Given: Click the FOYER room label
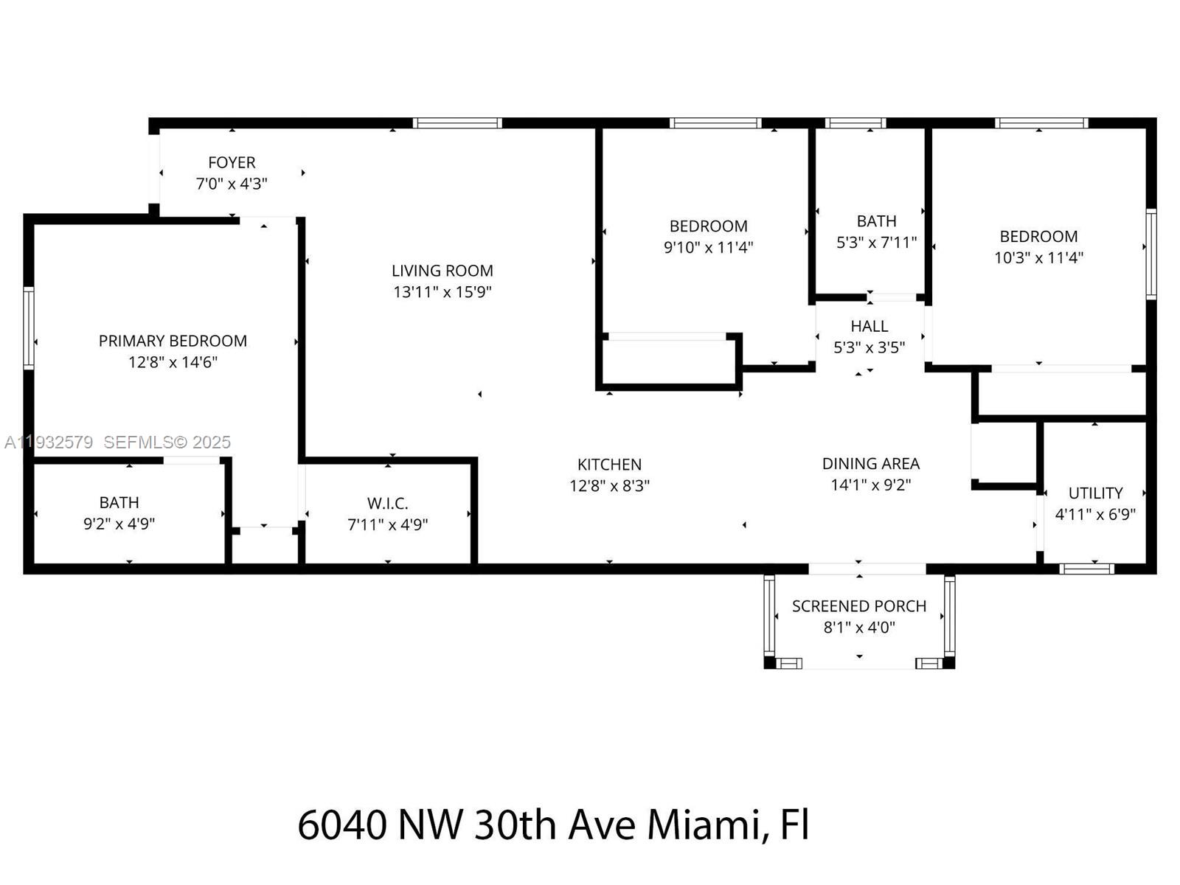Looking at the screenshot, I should pos(232,162).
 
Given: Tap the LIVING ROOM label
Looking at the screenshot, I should pos(442,271).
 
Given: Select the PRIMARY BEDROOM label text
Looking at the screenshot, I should pos(173,341).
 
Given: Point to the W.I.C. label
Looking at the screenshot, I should pos(387,504).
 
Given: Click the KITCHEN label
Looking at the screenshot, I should pos(609,465).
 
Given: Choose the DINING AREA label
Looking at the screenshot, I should pos(870,464).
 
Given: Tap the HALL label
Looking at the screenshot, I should pos(869,326).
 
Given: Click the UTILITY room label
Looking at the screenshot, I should pos(1095,493).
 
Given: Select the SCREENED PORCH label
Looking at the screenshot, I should pos(858,606).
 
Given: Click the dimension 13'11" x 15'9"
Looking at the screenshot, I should pos(442,292).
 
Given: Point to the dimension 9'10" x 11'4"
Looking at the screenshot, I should pos(708,248).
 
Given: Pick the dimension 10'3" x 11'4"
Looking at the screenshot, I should pos(1038,258).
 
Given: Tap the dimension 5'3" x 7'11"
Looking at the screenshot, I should pos(876,243).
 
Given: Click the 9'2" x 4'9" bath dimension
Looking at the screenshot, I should pos(119,524).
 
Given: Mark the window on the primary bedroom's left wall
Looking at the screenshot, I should pos(29,327).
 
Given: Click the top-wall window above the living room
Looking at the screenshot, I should pos(457,123).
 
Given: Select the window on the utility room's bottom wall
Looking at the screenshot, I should pos(1086,569).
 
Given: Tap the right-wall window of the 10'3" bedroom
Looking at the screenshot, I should pos(1150,254).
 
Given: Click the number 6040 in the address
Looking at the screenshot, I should pos(341,825).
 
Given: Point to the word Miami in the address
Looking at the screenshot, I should pos(704,825).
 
